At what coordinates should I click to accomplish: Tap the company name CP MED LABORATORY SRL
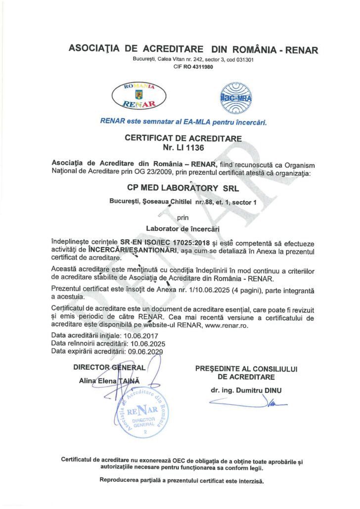(x=180, y=188)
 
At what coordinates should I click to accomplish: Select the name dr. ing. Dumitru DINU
(x=246, y=390)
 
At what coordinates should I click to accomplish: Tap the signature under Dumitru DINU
(x=247, y=404)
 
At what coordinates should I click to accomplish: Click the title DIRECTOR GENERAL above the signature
(x=109, y=368)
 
